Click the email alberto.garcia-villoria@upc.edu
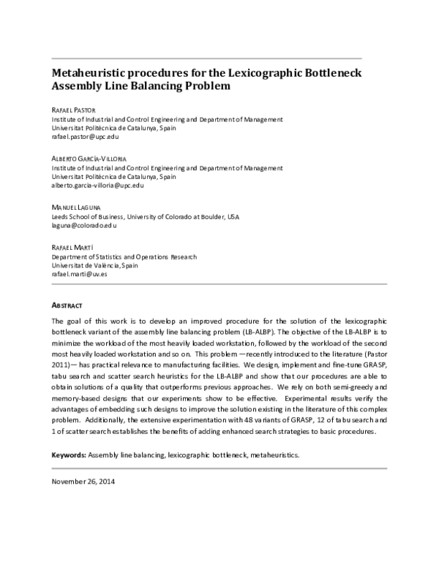coord(97,186)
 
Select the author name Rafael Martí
coord(72,248)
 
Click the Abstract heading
coord(67,304)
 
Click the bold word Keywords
coord(68,455)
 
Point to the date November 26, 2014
coord(83,482)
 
